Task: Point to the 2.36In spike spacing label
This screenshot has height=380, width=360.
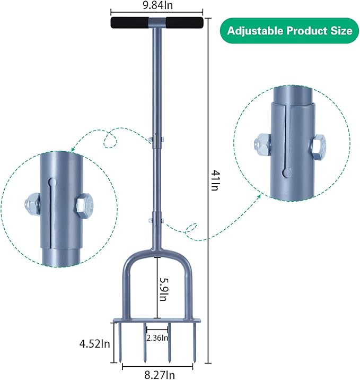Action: point(157,338)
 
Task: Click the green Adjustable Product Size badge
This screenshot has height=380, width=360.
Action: point(289,30)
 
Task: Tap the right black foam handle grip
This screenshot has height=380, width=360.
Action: point(184,23)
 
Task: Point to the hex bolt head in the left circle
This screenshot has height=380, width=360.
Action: point(84,204)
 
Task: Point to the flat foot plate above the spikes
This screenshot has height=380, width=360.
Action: point(157,323)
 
